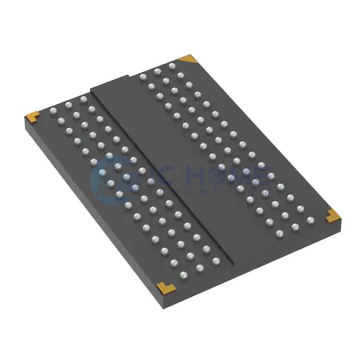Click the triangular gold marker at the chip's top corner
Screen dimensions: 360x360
(x=190, y=58)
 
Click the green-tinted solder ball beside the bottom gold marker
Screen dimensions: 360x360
(x=184, y=277)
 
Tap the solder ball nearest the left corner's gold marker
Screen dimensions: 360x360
(x=53, y=110)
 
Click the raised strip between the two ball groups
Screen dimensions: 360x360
(x=180, y=168)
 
